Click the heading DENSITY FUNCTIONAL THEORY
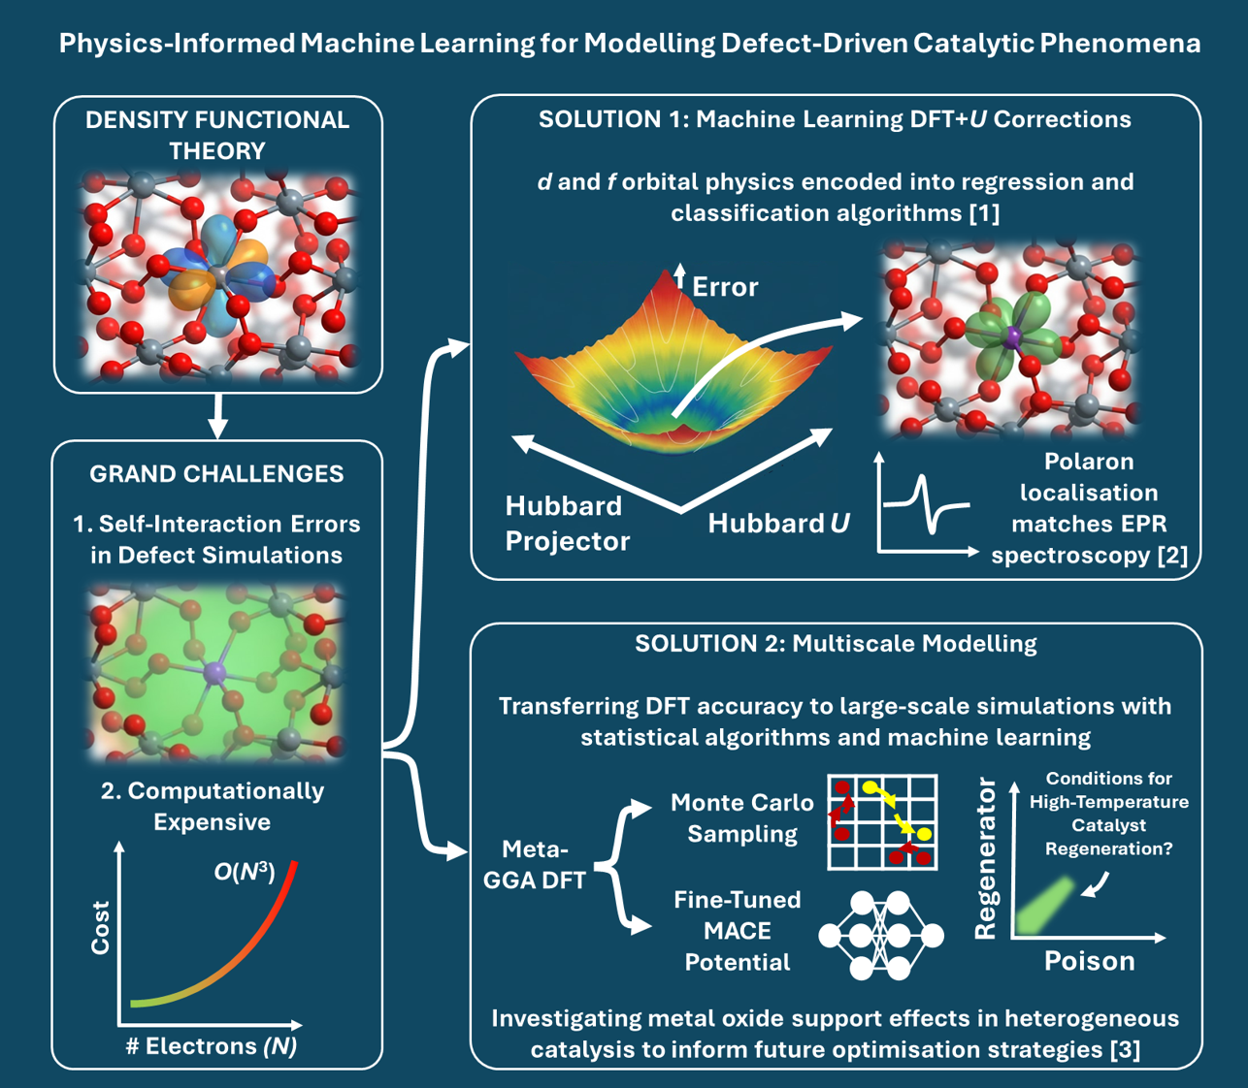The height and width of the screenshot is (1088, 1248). pos(217,135)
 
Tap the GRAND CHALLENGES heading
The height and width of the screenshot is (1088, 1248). pos(216,473)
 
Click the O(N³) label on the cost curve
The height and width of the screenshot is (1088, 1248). pos(244,872)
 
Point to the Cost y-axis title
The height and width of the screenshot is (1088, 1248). pos(100,928)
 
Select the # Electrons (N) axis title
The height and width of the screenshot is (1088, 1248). pos(212,1045)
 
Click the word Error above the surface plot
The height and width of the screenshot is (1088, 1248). pos(725,287)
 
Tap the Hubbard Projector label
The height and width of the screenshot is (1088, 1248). pos(567,524)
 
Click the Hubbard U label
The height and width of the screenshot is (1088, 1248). pos(778,524)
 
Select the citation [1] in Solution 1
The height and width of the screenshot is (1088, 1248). pos(984,212)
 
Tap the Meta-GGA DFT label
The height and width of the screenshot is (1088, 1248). pos(535,865)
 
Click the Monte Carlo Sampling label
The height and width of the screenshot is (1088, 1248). pos(742,817)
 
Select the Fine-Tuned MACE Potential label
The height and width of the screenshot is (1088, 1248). pos(738,930)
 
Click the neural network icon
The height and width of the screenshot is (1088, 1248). pos(881,935)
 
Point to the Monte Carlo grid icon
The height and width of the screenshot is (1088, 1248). pos(882,820)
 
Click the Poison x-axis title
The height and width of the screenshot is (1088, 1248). pos(1089,961)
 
